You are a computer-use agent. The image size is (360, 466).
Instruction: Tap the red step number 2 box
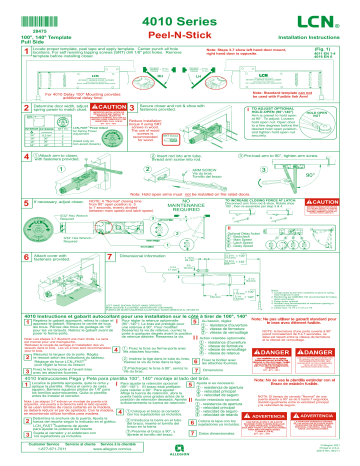pyautogui.click(x=27, y=104)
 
